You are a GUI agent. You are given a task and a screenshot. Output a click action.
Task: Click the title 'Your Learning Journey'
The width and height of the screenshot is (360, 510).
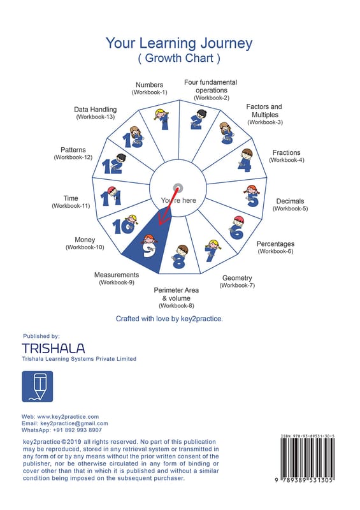coord(179,43)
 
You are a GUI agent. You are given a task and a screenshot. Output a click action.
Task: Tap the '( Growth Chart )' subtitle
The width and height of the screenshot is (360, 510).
coord(179,58)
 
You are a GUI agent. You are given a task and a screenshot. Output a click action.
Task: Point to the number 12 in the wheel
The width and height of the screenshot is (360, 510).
coord(112,166)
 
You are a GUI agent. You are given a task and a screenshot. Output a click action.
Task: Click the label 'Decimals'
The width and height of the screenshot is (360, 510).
coord(290,201)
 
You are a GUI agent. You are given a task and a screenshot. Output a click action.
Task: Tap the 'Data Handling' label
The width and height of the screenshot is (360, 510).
coord(96,110)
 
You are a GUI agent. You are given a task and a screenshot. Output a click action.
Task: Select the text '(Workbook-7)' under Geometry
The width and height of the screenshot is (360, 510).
coord(237,286)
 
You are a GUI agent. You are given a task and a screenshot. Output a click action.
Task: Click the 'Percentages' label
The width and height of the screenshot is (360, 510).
coord(275,244)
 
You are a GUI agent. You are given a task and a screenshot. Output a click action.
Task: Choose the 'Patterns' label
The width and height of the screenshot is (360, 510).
coord(73,150)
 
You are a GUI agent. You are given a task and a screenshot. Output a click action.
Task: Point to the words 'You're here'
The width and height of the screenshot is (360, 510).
coord(178,201)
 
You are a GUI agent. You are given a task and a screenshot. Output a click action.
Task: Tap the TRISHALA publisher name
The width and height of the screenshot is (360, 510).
coord(54,348)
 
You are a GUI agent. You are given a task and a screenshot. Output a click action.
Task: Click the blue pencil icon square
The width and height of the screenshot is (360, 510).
coord(38,386)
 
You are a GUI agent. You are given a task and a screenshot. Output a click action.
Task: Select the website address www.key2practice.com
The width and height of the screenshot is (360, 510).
coord(68,417)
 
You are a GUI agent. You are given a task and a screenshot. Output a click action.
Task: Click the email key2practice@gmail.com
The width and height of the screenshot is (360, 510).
coord(74,423)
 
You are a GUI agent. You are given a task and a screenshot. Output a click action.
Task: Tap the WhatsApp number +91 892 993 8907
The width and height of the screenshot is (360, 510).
coord(77,430)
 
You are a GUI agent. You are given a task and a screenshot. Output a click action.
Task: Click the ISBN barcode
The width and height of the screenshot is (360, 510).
coord(307,458)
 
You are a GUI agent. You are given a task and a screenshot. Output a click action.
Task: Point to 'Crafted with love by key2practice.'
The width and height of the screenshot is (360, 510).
coord(169,319)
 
